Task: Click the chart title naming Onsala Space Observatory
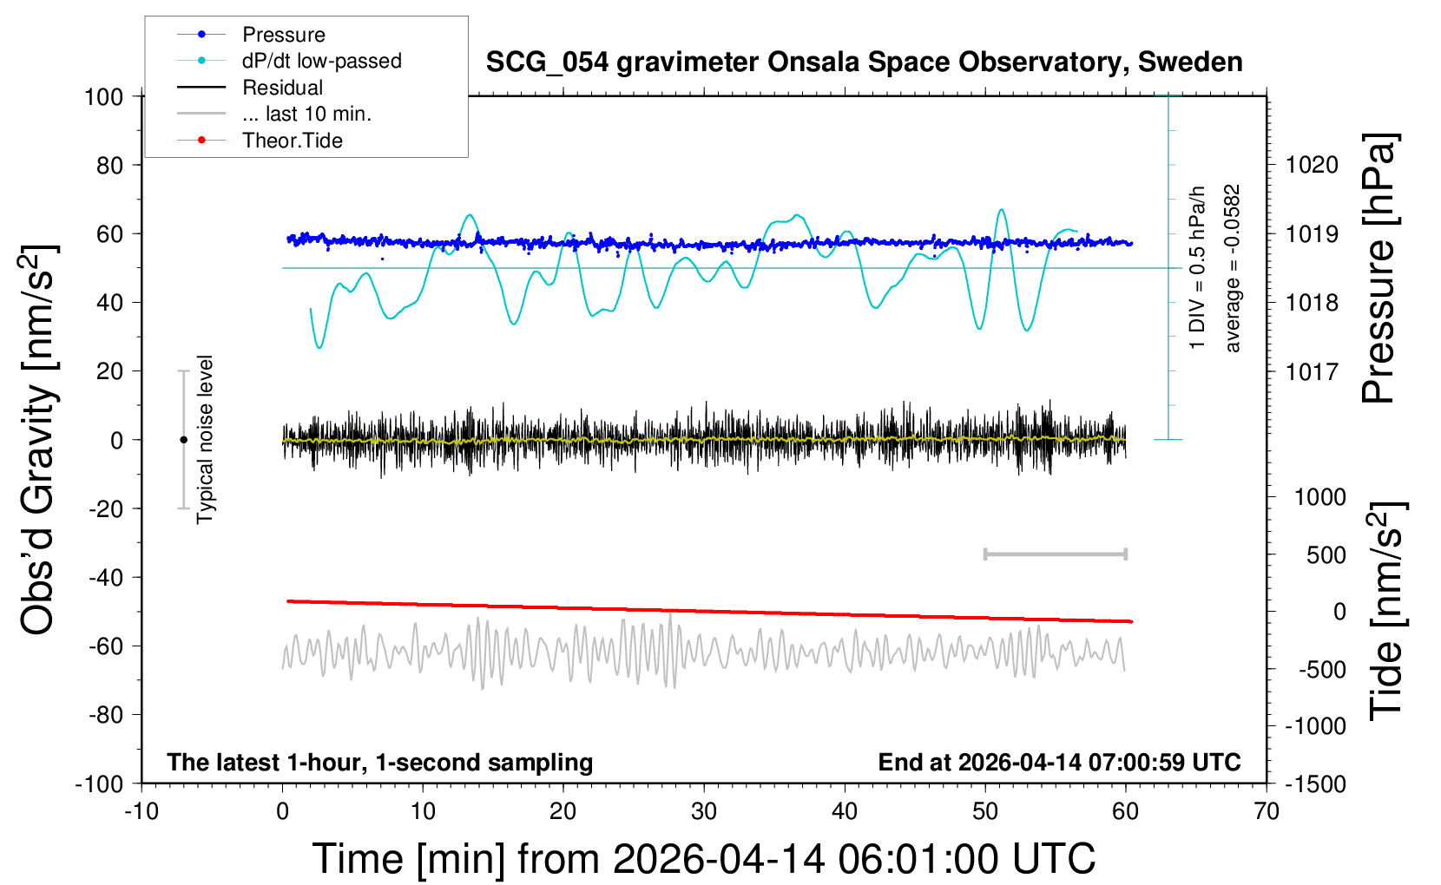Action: (864, 62)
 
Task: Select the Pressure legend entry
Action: (283, 35)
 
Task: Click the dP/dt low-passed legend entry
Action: (321, 61)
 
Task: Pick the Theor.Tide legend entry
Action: (292, 141)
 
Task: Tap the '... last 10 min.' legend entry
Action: (306, 114)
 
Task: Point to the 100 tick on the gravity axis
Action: (103, 96)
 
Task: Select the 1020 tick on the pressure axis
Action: (1312, 165)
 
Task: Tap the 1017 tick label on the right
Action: (1312, 371)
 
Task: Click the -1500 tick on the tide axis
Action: (1315, 783)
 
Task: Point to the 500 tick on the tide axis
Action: (1326, 555)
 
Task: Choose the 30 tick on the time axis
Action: (704, 812)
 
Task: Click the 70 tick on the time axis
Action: (1267, 812)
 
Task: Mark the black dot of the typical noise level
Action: (183, 440)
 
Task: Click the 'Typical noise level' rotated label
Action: (205, 439)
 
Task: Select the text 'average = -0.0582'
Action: (1232, 268)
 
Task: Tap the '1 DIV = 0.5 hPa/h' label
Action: (1197, 267)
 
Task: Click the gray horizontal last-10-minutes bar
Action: (1055, 554)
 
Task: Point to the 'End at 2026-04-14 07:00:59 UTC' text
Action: (1059, 763)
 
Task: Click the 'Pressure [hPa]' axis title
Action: (1378, 268)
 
